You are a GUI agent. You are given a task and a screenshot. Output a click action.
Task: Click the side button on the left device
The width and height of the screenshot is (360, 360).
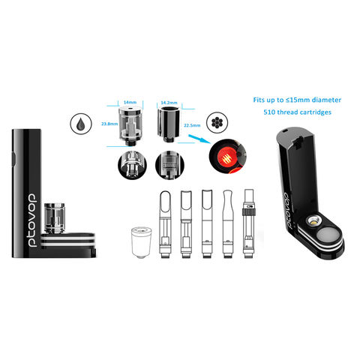click(x=14, y=158)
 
